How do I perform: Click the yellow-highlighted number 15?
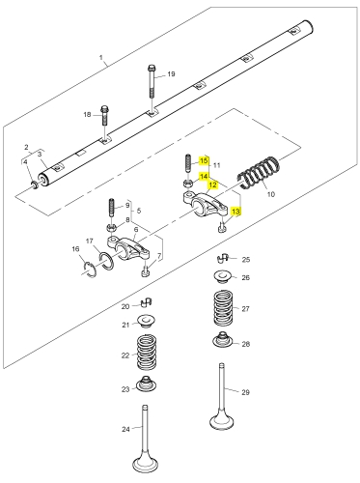coord(204,160)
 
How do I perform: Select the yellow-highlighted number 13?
coord(235,212)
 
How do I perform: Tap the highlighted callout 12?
coord(213,185)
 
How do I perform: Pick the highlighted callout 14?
coord(204,177)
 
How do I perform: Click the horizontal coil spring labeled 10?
coord(259,173)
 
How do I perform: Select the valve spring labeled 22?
coord(147,353)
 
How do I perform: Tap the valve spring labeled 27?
coord(223,308)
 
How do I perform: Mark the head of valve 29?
coord(222,421)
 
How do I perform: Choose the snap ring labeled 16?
coord(90,270)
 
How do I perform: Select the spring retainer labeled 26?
coord(223,277)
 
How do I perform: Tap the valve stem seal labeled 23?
coord(147,384)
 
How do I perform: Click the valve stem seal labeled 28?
coord(223,339)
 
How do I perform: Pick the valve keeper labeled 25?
coord(223,258)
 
